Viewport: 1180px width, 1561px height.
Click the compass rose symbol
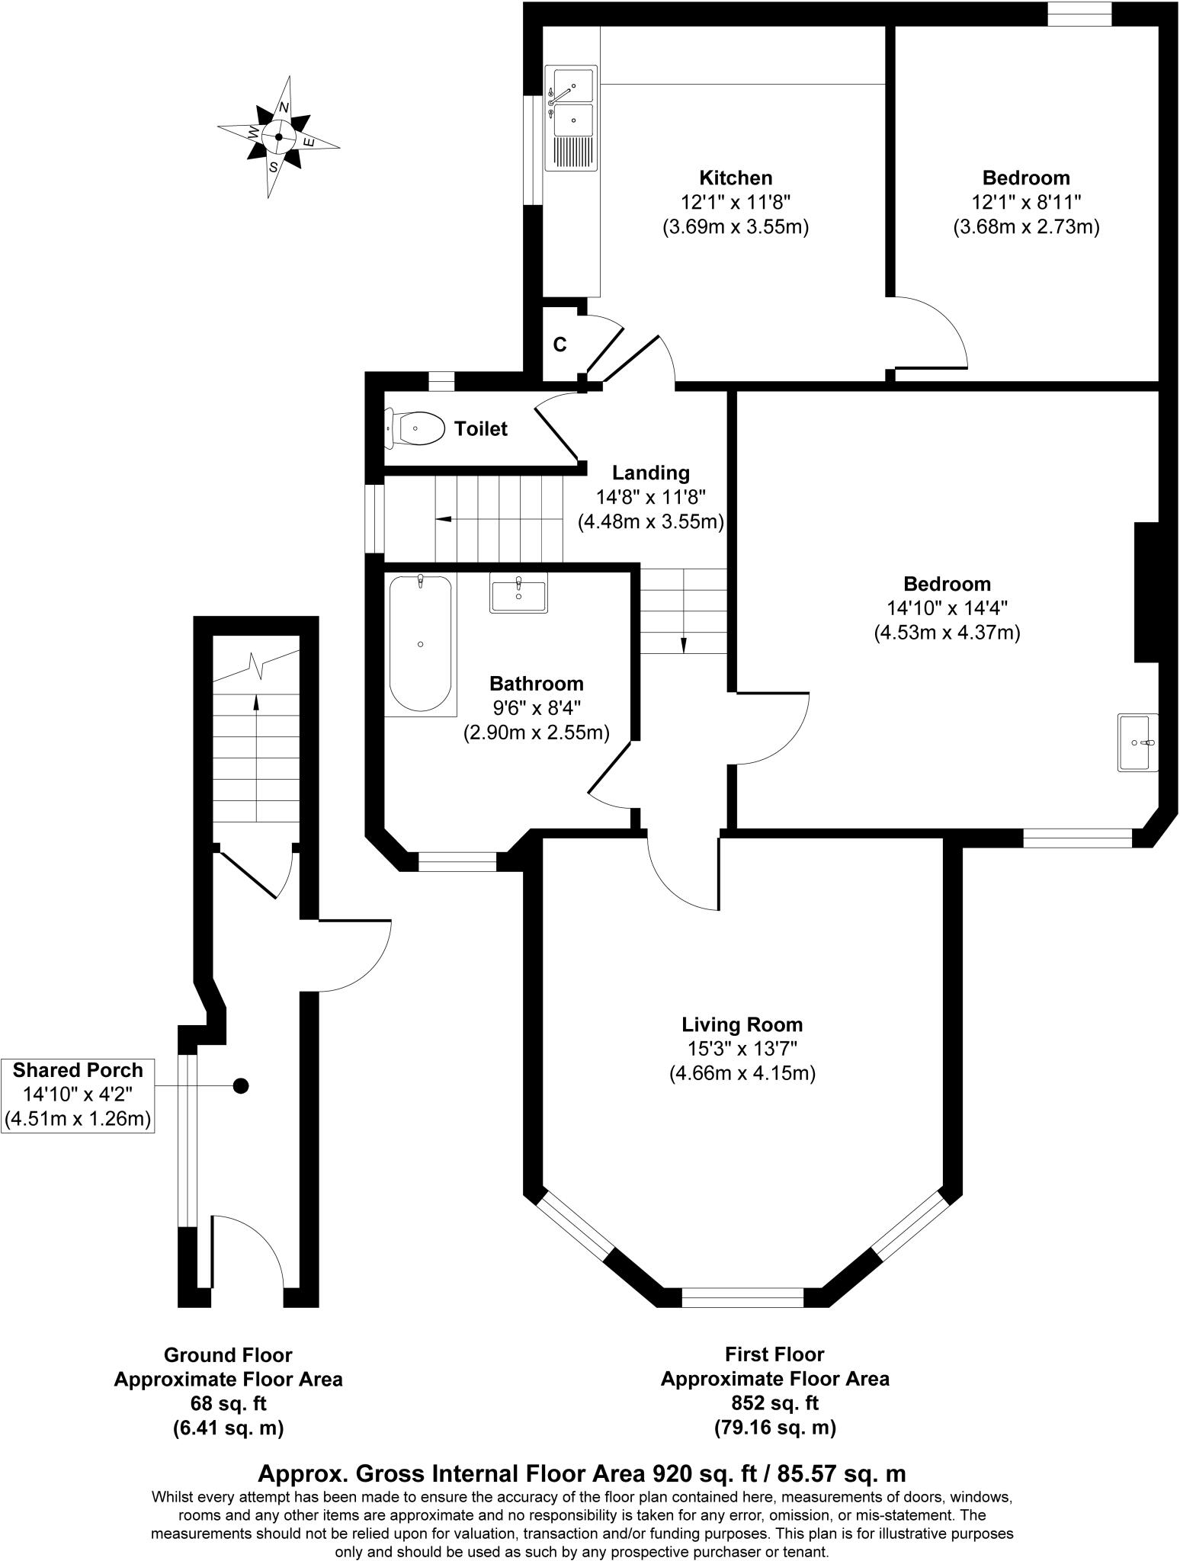pyautogui.click(x=278, y=137)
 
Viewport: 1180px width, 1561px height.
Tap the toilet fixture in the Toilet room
pyautogui.click(x=416, y=429)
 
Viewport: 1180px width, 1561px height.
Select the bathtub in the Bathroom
pyautogui.click(x=420, y=644)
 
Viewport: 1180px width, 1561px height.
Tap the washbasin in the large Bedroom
pyautogui.click(x=1137, y=742)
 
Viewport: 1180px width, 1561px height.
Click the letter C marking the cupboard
pyautogui.click(x=560, y=345)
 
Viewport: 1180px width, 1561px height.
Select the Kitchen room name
pyautogui.click(x=736, y=178)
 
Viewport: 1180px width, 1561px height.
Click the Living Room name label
pyautogui.click(x=742, y=1024)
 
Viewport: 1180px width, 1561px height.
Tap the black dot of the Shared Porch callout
pyautogui.click(x=241, y=1086)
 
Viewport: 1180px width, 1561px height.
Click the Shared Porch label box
pyautogui.click(x=78, y=1095)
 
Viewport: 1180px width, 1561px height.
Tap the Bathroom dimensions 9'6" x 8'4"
pyautogui.click(x=536, y=708)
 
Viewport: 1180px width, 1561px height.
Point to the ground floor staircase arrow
pyautogui.click(x=256, y=755)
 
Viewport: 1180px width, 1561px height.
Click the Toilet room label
pyautogui.click(x=480, y=429)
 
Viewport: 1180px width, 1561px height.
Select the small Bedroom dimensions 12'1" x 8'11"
pyautogui.click(x=1026, y=202)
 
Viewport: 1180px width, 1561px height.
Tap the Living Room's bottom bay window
pyautogui.click(x=742, y=1297)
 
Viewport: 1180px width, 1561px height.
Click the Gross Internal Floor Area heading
pyautogui.click(x=582, y=1473)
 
